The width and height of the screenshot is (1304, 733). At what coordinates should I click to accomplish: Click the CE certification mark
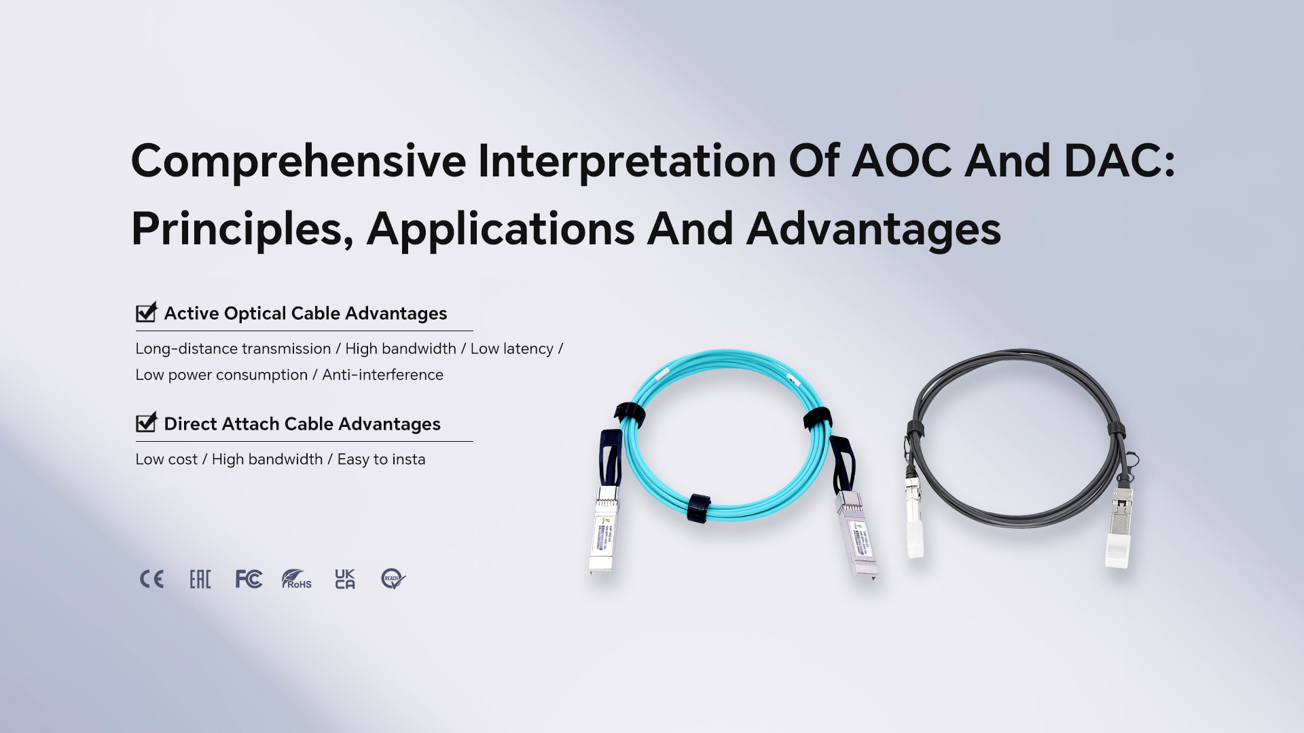pyautogui.click(x=151, y=579)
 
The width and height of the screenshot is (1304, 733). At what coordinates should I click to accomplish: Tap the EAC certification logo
pyautogui.click(x=200, y=579)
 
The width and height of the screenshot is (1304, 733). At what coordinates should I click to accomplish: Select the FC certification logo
pyautogui.click(x=249, y=579)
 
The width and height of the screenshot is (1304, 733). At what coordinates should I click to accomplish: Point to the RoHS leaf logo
pyautogui.click(x=297, y=579)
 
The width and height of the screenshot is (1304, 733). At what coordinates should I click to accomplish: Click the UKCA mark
pyautogui.click(x=345, y=579)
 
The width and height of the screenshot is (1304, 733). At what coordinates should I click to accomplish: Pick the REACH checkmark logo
pyautogui.click(x=393, y=579)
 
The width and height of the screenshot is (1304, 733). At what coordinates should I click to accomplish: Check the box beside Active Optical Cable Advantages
pyautogui.click(x=146, y=312)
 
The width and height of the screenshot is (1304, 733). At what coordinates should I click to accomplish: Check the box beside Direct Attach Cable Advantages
pyautogui.click(x=146, y=423)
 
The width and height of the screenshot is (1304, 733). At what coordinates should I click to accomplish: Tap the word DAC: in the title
pyautogui.click(x=1119, y=161)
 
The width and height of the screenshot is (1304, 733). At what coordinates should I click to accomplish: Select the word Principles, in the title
pyautogui.click(x=242, y=229)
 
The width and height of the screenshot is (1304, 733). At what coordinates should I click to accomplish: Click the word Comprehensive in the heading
pyautogui.click(x=298, y=162)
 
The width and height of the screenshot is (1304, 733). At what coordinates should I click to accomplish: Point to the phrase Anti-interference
pyautogui.click(x=382, y=375)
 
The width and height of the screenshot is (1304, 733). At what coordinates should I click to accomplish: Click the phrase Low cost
pyautogui.click(x=166, y=459)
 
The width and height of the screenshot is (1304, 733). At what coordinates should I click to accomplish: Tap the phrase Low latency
pyautogui.click(x=512, y=349)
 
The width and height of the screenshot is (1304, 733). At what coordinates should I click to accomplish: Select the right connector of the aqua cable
pyautogui.click(x=856, y=535)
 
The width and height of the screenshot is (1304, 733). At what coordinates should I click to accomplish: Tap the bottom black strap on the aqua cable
pyautogui.click(x=698, y=508)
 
